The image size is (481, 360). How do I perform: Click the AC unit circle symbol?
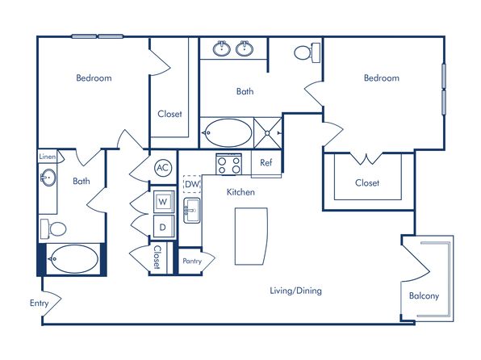(x=163, y=168)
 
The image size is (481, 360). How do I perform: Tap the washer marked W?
(x=164, y=202)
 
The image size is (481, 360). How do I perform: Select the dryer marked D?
(x=164, y=227)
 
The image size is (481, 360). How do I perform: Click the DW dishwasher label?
(x=192, y=184)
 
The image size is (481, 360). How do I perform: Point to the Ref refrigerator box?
(x=266, y=163)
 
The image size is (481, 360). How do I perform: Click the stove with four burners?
(x=229, y=164)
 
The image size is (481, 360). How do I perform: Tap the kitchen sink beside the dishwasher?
(x=192, y=210)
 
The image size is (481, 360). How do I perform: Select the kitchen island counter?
(x=251, y=236)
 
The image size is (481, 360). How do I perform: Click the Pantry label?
(x=192, y=262)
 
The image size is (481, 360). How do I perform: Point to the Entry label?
(x=40, y=303)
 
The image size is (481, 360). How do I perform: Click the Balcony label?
(x=424, y=296)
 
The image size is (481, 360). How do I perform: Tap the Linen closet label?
(x=48, y=157)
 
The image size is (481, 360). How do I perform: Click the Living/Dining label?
(x=295, y=291)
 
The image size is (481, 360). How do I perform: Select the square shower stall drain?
(x=267, y=133)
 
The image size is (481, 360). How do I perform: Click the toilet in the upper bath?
(x=307, y=52)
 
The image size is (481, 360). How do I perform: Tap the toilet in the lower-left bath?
(x=53, y=229)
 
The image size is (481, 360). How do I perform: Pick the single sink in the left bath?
(x=48, y=178)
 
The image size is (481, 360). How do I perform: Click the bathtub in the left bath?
(x=73, y=259)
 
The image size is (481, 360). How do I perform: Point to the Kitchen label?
(x=240, y=192)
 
